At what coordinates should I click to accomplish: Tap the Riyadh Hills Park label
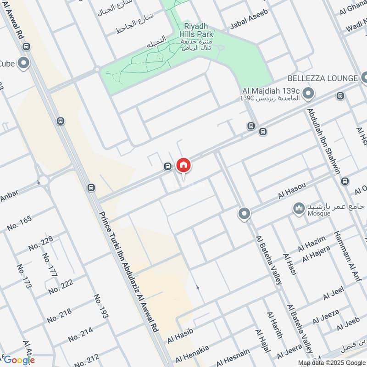pyautogui.click(x=198, y=26)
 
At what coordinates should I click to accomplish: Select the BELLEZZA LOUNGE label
pyautogui.click(x=323, y=78)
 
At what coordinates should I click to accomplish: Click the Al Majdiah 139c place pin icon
pyautogui.click(x=309, y=94)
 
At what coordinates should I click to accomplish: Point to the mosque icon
pyautogui.click(x=300, y=209)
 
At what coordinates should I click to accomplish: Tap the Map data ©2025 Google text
pyautogui.click(x=329, y=362)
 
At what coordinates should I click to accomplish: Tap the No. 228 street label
pyautogui.click(x=40, y=243)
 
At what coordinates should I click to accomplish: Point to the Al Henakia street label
pyautogui.click(x=192, y=353)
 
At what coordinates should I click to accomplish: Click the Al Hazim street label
pyautogui.click(x=311, y=244)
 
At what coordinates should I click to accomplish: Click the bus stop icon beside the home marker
pyautogui.click(x=168, y=166)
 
